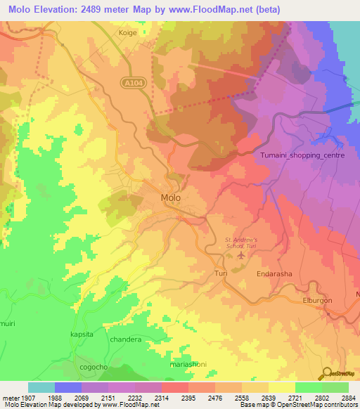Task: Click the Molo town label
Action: pos(171,197)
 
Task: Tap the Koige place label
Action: pos(129,32)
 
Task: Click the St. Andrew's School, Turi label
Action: pos(240,243)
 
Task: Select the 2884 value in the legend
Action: pos(348,397)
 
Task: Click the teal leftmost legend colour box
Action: pos(41,387)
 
